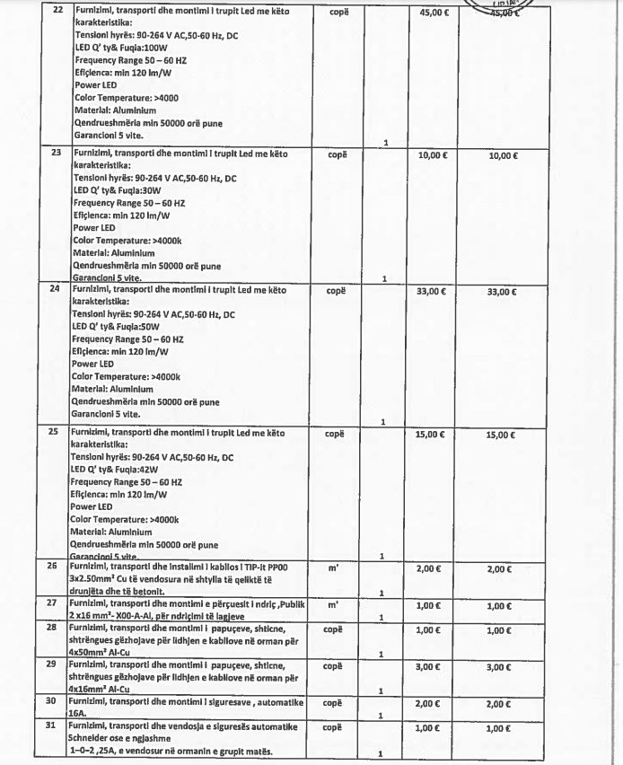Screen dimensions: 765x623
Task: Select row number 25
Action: point(52,432)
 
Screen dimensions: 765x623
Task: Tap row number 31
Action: point(52,725)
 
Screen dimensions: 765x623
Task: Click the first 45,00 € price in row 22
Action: point(434,13)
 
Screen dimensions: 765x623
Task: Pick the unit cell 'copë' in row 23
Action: point(338,154)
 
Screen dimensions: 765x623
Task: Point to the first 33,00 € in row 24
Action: point(434,292)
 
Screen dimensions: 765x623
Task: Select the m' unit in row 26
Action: point(334,568)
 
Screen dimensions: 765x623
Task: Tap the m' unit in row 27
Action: point(334,604)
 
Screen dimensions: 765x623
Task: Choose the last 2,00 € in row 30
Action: point(499,705)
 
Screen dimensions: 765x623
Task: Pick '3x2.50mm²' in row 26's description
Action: point(94,582)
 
